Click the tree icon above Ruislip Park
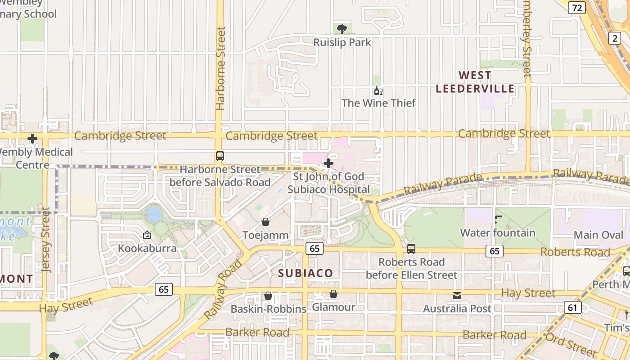click(342, 29)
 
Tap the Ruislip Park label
click(342, 42)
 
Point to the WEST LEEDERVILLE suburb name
click(475, 81)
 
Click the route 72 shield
click(576, 7)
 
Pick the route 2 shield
click(615, 38)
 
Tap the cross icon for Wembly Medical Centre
click(32, 139)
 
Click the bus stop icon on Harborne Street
click(220, 156)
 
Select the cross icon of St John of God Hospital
click(328, 163)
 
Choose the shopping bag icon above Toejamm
click(265, 222)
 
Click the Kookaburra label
click(147, 248)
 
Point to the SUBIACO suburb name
click(305, 273)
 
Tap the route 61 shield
click(572, 307)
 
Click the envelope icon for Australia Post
click(457, 295)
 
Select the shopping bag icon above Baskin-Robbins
click(268, 296)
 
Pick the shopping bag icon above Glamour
click(333, 294)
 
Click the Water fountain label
click(497, 233)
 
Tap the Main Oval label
click(598, 234)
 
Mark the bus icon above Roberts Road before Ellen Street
click(411, 248)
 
